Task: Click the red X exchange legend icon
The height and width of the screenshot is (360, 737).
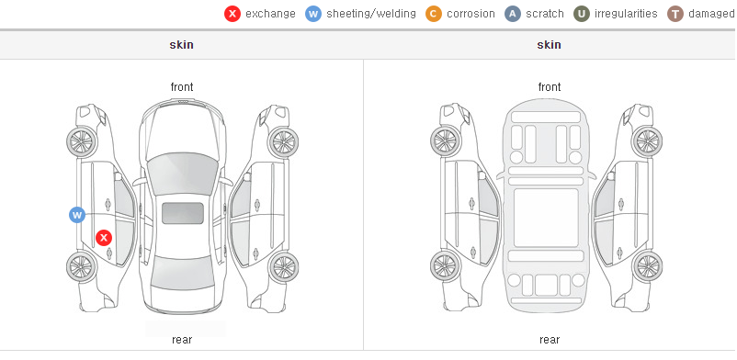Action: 232,14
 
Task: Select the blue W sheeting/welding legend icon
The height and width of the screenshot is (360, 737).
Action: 313,14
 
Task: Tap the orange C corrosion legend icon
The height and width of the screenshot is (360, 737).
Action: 434,14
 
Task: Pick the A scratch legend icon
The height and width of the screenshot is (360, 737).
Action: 513,14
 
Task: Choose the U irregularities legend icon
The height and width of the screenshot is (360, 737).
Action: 582,14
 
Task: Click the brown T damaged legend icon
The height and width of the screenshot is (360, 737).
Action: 675,14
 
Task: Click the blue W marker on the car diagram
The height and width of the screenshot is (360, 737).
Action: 77,215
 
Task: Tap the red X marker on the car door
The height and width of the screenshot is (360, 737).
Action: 104,238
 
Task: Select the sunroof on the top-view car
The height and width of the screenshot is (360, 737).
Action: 183,213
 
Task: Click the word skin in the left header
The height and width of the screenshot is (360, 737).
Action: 181,45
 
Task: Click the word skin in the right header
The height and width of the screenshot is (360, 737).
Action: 549,45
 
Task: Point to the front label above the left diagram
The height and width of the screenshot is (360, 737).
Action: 182,87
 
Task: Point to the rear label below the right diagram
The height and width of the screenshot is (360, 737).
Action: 550,340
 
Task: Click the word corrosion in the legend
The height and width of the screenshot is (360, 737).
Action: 471,14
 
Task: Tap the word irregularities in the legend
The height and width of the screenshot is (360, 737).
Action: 626,14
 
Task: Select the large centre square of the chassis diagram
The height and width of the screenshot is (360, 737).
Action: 546,218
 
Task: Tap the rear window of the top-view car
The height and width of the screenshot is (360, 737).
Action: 181,274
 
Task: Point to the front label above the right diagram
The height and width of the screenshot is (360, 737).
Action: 550,87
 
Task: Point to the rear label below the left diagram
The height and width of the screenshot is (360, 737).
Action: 182,340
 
